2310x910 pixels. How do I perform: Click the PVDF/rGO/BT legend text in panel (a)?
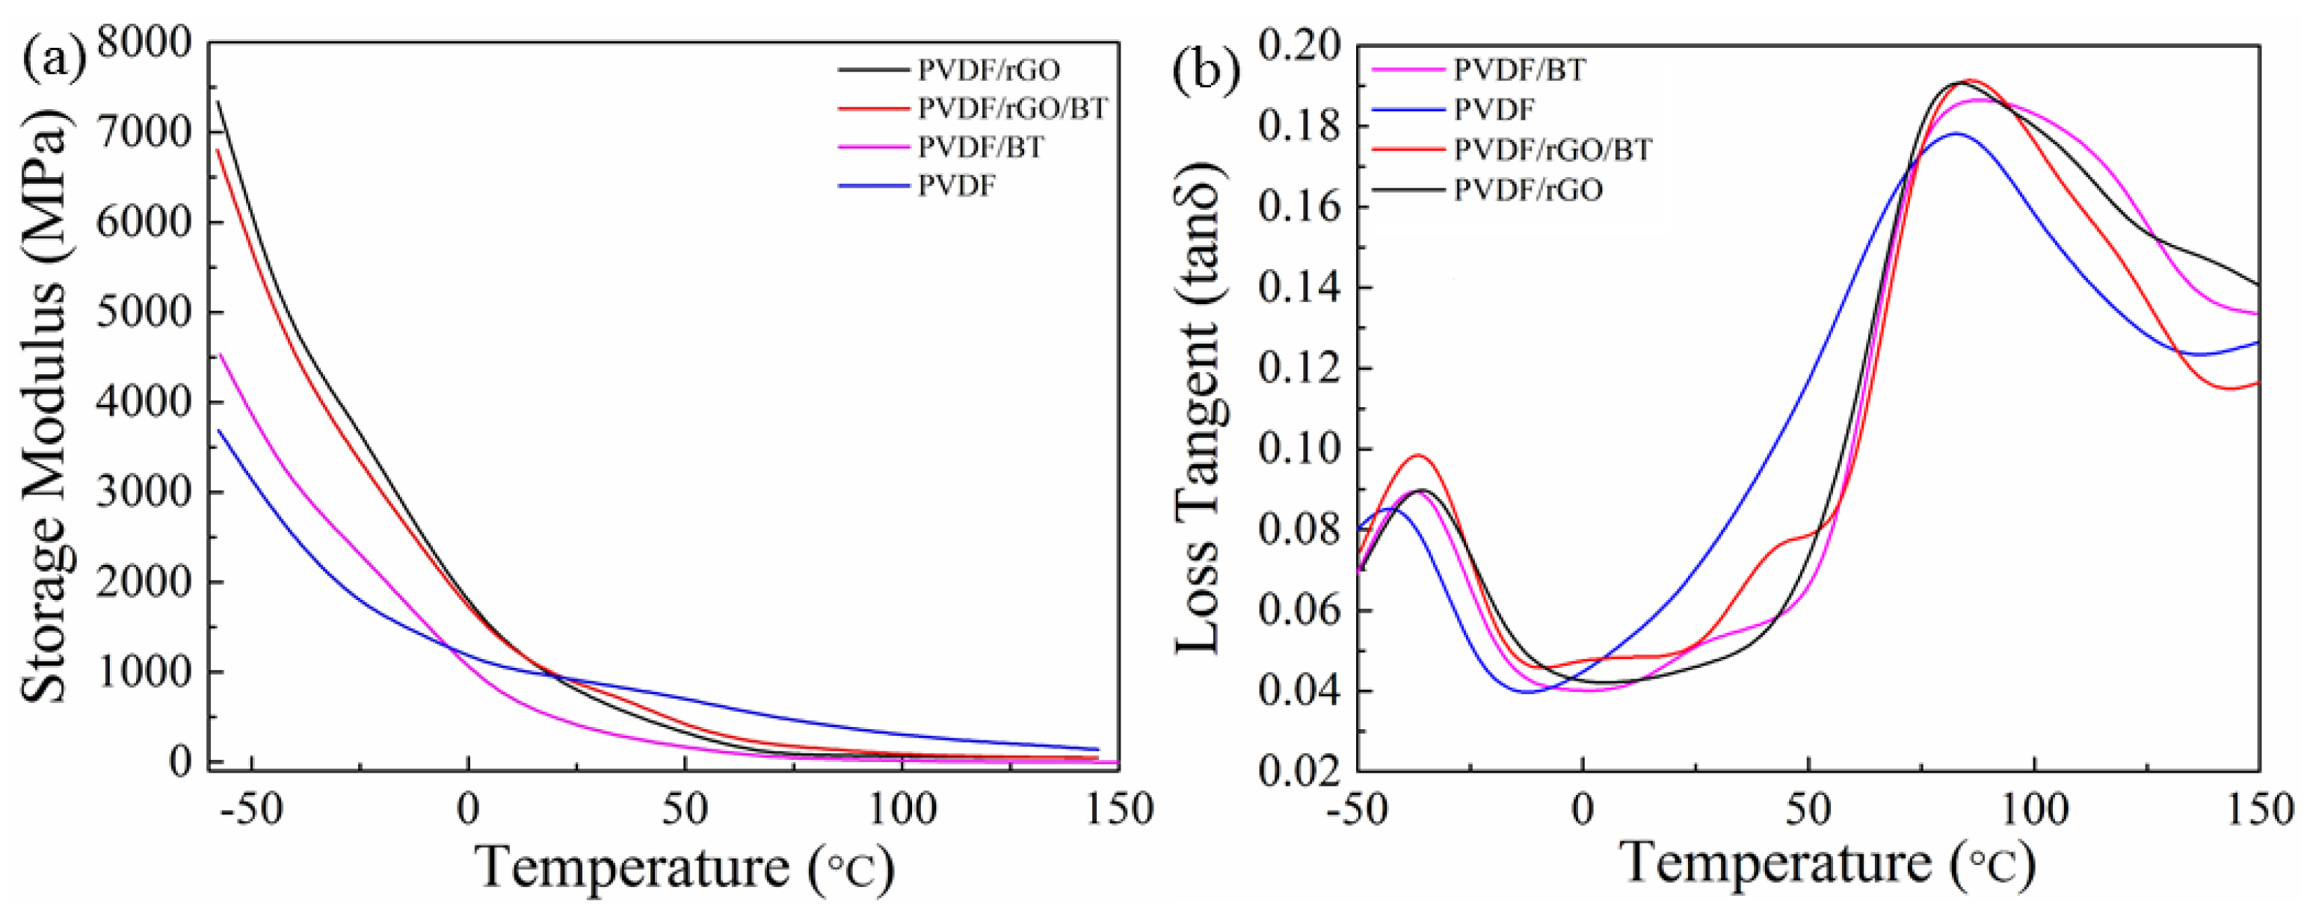coord(1012,108)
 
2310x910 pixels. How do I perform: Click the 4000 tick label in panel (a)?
coord(144,402)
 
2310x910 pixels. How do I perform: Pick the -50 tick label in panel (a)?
coord(251,810)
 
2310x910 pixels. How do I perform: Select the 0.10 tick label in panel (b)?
coord(1299,449)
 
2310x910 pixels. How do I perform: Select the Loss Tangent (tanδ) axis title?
coord(1198,408)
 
